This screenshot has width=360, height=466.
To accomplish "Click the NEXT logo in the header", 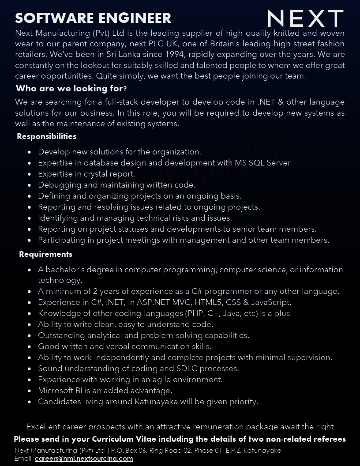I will [305, 19].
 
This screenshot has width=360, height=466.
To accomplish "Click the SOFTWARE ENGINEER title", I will [93, 18].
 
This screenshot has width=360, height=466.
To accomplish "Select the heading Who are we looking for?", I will [71, 88].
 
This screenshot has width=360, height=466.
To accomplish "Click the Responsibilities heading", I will [47, 136].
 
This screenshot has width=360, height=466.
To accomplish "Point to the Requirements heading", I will [45, 254].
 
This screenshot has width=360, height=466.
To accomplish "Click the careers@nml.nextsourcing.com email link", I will [84, 458].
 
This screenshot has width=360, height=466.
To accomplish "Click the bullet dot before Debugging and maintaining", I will [30, 185].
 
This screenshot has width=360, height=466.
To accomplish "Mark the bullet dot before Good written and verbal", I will [30, 347].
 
